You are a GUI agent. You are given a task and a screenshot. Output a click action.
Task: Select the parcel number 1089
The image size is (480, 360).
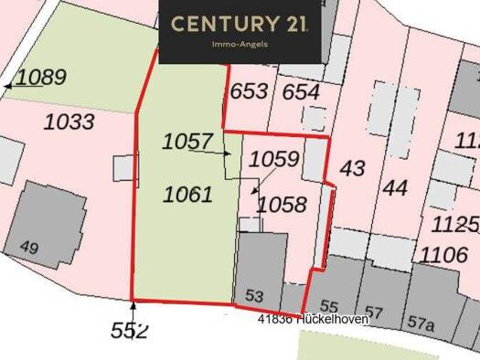click(x=40, y=78)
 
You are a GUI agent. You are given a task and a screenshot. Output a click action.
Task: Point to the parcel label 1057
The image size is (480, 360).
click(x=187, y=142)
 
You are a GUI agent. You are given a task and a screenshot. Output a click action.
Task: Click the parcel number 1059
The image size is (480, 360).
click(x=273, y=160)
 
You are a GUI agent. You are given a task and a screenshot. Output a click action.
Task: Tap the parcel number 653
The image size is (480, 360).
click(x=249, y=91)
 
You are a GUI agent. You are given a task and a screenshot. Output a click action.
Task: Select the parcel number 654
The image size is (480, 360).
click(x=301, y=91)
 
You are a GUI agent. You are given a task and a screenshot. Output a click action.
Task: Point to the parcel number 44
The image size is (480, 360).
click(x=396, y=188)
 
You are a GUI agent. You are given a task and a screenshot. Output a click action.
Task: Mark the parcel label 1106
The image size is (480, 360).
click(x=444, y=253)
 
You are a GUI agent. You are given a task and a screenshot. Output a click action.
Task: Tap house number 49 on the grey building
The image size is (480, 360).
click(x=29, y=247)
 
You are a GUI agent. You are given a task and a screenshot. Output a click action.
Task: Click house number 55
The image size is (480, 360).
click(x=329, y=307)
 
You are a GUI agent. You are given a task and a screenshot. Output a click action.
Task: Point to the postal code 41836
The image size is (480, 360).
click(x=275, y=319)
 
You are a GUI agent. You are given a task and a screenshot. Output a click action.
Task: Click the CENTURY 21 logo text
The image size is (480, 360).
click(x=240, y=23)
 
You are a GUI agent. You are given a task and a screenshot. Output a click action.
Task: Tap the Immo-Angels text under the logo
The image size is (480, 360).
click(x=240, y=44)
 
